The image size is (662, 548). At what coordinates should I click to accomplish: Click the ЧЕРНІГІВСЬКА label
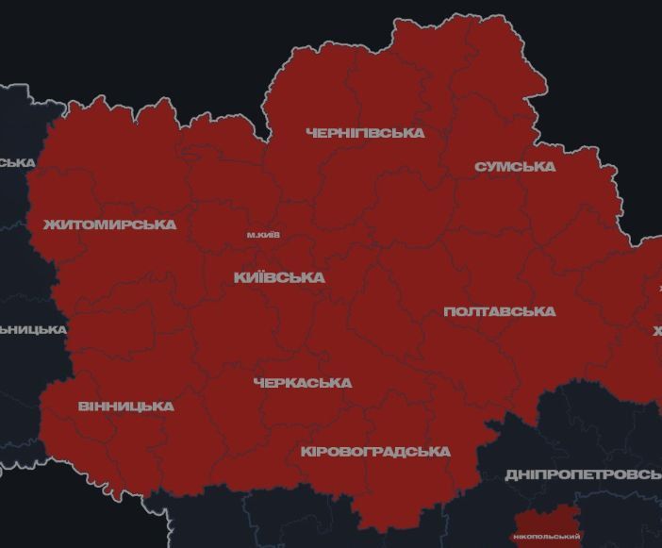tap(365, 133)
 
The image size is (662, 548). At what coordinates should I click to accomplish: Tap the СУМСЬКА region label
tap(515, 167)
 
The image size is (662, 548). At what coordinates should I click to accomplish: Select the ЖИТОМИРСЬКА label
tap(109, 224)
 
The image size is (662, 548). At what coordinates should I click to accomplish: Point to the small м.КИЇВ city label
tap(263, 235)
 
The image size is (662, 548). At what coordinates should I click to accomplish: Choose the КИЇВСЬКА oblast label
tap(279, 277)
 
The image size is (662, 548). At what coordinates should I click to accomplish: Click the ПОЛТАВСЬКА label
tap(499, 311)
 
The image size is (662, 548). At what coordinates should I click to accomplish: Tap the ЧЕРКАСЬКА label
tap(303, 383)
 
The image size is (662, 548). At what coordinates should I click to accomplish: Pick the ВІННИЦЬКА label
tap(125, 407)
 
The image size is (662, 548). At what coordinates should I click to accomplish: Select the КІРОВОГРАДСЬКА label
tap(375, 452)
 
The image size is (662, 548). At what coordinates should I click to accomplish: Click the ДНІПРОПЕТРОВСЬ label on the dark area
tap(583, 473)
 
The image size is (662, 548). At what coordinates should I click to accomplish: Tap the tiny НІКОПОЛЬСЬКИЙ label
tap(548, 537)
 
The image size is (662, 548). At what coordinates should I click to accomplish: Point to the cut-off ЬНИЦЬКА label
tap(33, 329)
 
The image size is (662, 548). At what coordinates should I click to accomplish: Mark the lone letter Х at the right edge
tap(657, 331)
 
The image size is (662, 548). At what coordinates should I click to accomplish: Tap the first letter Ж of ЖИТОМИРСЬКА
tap(49, 224)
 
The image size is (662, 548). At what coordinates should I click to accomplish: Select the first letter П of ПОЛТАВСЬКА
tap(449, 311)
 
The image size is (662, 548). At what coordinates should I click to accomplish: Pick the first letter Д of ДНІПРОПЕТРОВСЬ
tap(511, 473)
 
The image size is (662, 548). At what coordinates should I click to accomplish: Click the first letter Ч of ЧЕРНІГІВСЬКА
tap(311, 133)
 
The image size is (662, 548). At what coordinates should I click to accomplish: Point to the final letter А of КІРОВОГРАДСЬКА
tap(445, 452)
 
